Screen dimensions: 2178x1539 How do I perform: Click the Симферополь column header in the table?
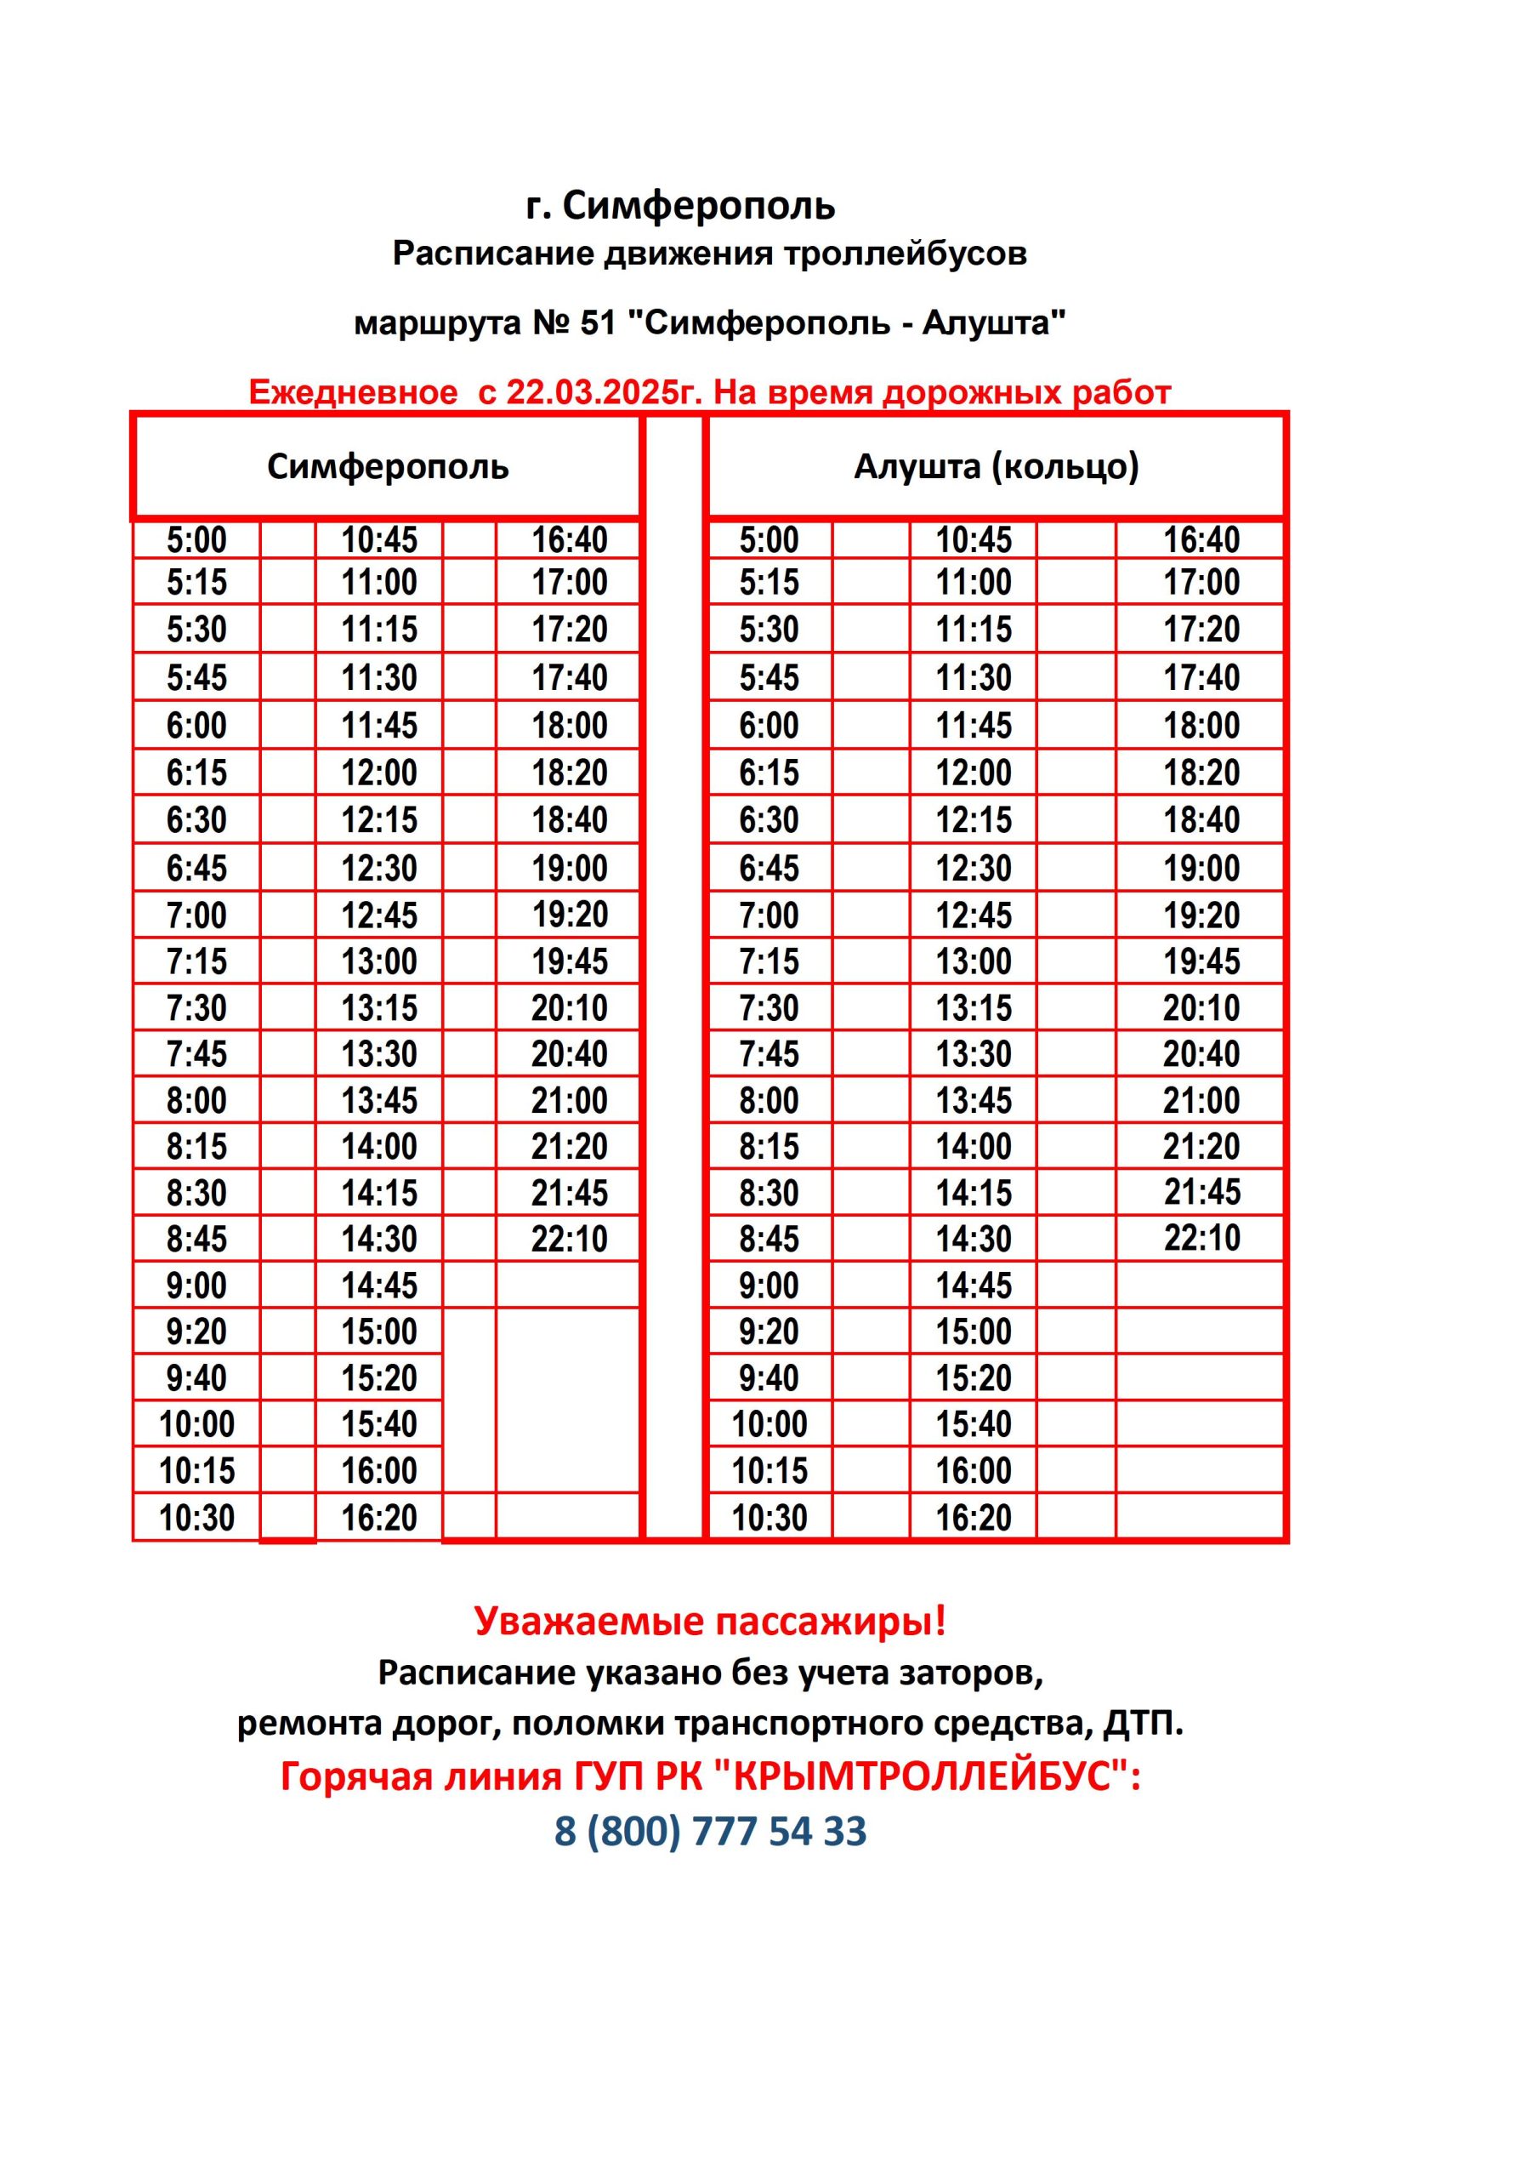coord(387,467)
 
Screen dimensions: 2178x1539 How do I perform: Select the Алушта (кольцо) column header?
coord(996,467)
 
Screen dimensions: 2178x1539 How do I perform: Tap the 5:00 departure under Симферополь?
coord(196,539)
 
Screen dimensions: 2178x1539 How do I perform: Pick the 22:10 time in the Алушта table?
coord(1201,1237)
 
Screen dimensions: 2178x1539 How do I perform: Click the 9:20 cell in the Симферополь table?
coord(196,1331)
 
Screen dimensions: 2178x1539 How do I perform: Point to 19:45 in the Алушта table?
coord(1201,961)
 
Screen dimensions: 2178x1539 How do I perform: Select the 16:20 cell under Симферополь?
coord(379,1518)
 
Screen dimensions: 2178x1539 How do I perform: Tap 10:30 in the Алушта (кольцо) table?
coord(769,1518)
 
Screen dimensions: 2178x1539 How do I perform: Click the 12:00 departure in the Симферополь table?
coord(379,773)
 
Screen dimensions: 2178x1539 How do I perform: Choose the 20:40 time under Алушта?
coord(1201,1053)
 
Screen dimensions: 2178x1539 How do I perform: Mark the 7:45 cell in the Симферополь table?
coord(196,1053)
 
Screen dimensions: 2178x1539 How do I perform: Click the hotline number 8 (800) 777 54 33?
coord(710,1831)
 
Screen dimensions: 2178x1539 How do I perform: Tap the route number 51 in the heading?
coord(598,323)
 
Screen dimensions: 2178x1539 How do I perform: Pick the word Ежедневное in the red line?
coord(353,391)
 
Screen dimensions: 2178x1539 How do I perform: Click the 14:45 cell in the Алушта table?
coord(974,1286)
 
